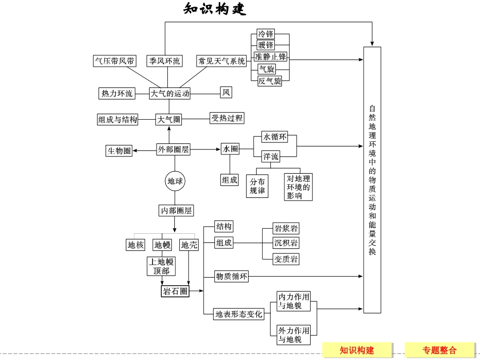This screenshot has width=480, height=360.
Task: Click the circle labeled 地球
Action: (175, 181)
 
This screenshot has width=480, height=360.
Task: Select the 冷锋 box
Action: (265, 34)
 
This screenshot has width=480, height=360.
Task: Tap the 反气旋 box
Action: (270, 81)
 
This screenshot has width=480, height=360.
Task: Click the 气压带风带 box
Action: (115, 61)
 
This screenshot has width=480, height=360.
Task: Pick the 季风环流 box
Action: (164, 61)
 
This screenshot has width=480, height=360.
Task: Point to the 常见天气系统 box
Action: (222, 61)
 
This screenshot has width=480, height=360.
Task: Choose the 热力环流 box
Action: (117, 93)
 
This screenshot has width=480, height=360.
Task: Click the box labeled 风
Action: (226, 92)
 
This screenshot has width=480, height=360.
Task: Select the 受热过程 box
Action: (227, 118)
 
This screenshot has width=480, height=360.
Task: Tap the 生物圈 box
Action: (119, 150)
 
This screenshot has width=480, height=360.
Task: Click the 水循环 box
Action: (275, 137)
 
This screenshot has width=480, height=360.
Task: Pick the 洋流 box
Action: (271, 157)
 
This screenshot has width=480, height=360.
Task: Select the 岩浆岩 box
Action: (286, 228)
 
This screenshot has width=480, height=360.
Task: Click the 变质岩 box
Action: (286, 260)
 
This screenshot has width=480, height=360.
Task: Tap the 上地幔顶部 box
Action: (161, 267)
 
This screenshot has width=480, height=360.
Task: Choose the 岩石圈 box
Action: (175, 291)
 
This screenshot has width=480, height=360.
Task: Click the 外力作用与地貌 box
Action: (294, 335)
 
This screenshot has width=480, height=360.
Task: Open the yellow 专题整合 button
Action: (440, 350)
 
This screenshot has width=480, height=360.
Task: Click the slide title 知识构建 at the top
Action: (215, 10)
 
